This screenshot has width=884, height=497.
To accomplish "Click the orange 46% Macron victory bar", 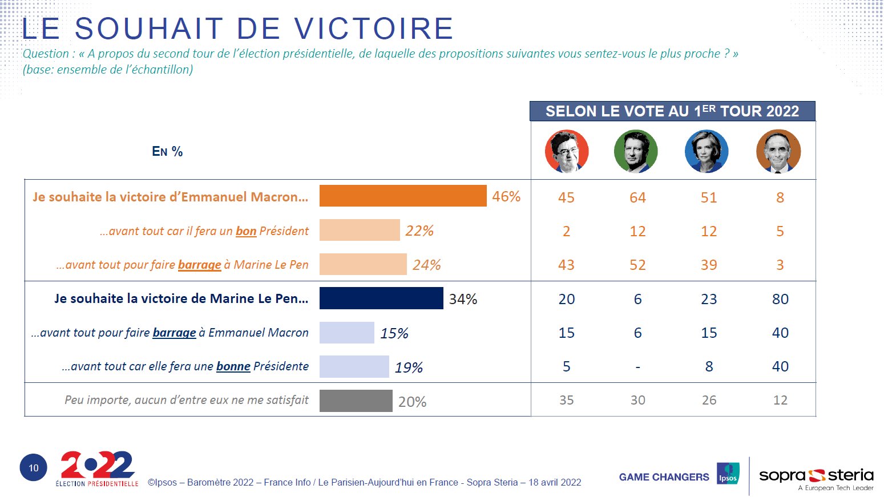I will [x=402, y=196].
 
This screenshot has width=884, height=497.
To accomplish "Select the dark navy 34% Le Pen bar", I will [x=381, y=298].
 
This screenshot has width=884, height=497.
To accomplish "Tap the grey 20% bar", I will [x=356, y=401].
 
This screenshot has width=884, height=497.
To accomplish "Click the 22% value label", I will [x=419, y=231].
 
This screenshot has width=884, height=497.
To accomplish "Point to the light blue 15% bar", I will [x=346, y=333].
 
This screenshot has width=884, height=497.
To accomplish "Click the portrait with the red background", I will [x=566, y=151].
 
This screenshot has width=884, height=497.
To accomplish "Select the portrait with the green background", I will [x=636, y=151].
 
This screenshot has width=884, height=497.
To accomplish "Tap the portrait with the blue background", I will [x=707, y=151].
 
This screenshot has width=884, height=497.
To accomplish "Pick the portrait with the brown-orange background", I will [x=778, y=151].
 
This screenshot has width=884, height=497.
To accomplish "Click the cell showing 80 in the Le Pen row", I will [x=780, y=299].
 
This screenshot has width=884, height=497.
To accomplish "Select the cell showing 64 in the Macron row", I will [x=637, y=197].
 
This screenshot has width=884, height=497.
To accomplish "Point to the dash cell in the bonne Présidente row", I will [x=637, y=367].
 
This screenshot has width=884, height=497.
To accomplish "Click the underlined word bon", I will [x=246, y=231].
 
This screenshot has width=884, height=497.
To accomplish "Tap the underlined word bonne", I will [x=233, y=366].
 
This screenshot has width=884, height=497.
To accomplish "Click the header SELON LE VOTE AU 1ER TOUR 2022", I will [x=672, y=111].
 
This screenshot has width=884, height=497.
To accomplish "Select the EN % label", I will [x=167, y=151].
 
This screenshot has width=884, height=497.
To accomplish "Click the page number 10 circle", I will [x=34, y=468].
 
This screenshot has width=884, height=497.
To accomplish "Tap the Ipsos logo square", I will [x=728, y=474].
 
